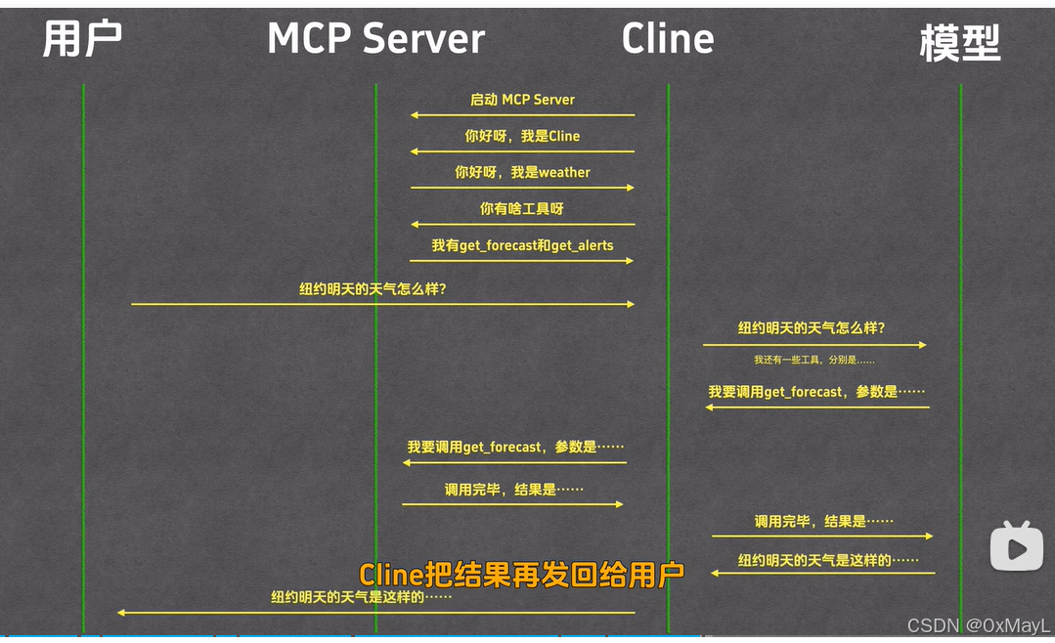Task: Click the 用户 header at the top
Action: click(x=82, y=39)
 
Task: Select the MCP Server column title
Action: click(x=375, y=39)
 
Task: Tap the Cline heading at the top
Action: click(x=668, y=39)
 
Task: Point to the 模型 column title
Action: click(x=960, y=43)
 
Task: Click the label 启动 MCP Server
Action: click(x=522, y=100)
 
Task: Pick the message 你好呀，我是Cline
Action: click(x=522, y=136)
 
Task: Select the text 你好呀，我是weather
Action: click(x=522, y=172)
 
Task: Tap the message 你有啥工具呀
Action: click(x=522, y=208)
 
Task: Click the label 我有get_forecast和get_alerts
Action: click(x=522, y=245)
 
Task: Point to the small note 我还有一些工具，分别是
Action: click(x=813, y=360)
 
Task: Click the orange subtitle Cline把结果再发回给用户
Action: click(x=521, y=575)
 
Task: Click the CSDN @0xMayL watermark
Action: click(x=979, y=625)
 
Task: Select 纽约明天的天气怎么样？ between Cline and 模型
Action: click(x=812, y=328)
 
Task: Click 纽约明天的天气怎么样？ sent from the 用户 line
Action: click(x=379, y=289)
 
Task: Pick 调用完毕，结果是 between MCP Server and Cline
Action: click(x=513, y=490)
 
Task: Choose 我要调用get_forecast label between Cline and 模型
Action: click(x=816, y=392)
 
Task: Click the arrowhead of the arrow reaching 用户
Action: click(x=121, y=613)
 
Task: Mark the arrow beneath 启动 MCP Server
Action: click(x=522, y=115)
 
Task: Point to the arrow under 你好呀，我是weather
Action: click(x=522, y=188)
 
